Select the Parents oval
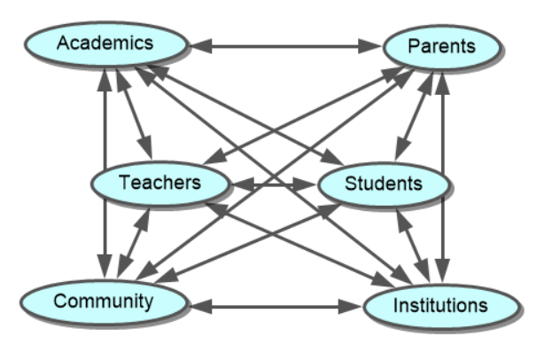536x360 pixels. tap(441, 45)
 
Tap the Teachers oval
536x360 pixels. tap(160, 184)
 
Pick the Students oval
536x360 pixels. tap(383, 184)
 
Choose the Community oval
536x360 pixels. tap(103, 301)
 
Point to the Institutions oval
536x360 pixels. tap(439, 306)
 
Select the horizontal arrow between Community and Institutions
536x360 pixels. tap(276, 307)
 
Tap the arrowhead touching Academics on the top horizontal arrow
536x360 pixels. tap(202, 45)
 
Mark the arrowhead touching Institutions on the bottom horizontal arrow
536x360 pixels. tap(353, 307)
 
